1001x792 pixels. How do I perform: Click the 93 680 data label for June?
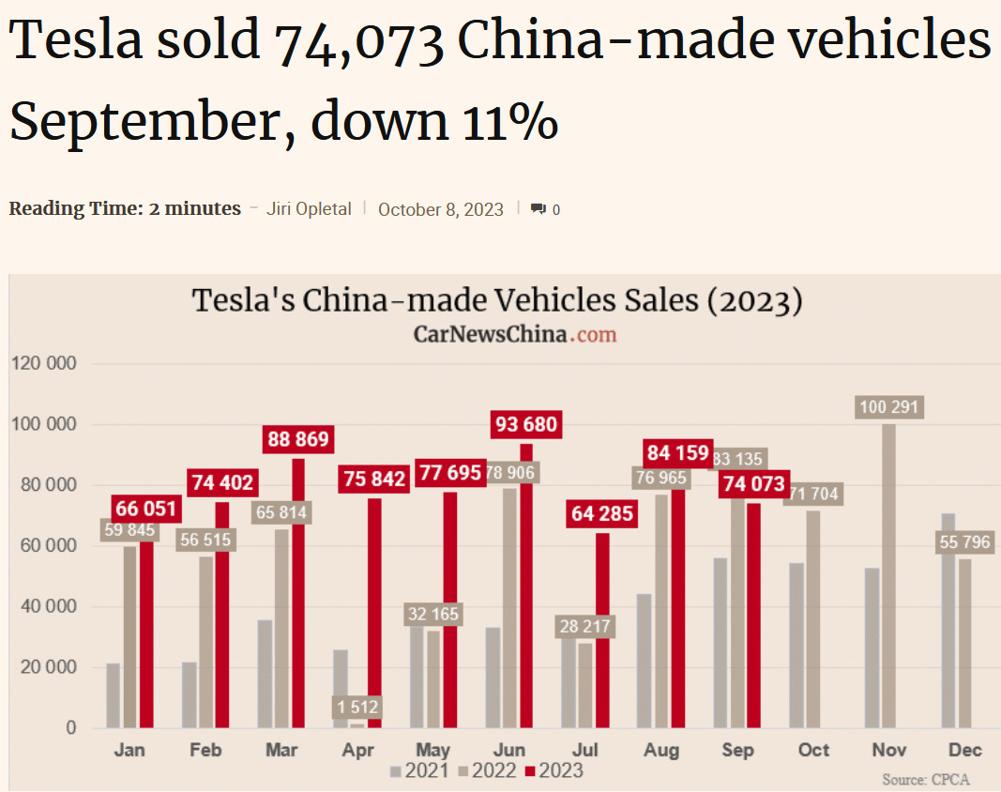[x=526, y=425]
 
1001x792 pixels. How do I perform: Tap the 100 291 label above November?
[x=888, y=407]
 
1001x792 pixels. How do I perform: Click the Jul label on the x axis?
[x=585, y=751]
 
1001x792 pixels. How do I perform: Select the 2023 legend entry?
[x=554, y=771]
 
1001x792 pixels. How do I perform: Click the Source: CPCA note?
[x=925, y=780]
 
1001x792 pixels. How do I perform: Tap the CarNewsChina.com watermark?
[x=515, y=334]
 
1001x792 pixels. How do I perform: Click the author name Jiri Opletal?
[x=309, y=208]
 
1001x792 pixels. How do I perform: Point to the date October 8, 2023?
[x=441, y=209]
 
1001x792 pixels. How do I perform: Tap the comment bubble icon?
[x=538, y=209]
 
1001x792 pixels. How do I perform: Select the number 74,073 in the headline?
[x=358, y=42]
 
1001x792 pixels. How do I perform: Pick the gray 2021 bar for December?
[x=948, y=620]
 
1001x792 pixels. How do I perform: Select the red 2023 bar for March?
[x=297, y=593]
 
